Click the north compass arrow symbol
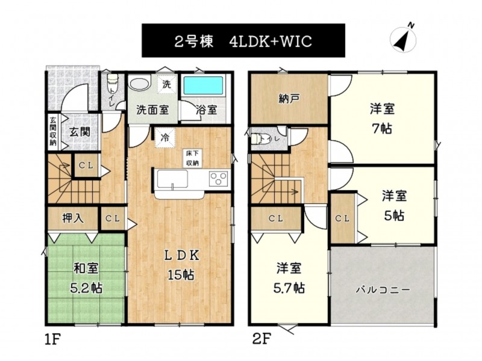click(x=402, y=39)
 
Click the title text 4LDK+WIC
click(x=271, y=41)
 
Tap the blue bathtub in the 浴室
click(x=203, y=86)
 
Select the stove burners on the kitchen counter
click(x=219, y=179)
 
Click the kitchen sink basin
click(x=172, y=179)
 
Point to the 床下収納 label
click(x=192, y=158)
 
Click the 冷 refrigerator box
click(x=165, y=138)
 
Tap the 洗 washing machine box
click(x=166, y=84)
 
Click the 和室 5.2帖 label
click(x=86, y=278)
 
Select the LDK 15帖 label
click(x=181, y=265)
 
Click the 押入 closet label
click(x=72, y=218)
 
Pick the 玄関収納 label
click(x=53, y=131)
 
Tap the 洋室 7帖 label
click(x=382, y=119)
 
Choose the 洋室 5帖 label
click(x=395, y=205)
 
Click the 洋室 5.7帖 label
click(x=289, y=278)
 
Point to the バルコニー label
click(x=383, y=290)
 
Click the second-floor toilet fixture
click(x=259, y=139)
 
